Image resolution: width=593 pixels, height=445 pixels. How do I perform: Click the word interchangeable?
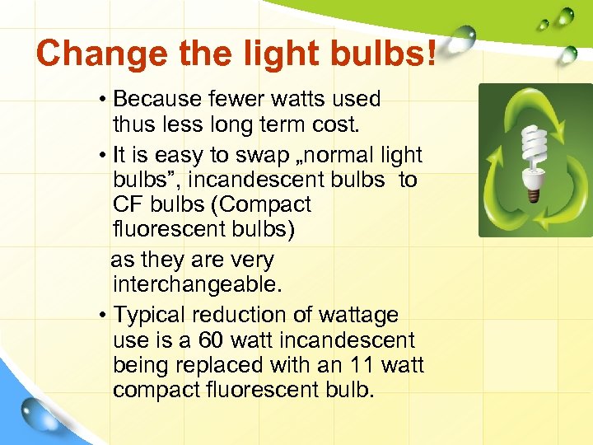tap(197, 284)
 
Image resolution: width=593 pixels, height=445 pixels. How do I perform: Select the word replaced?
tap(214, 365)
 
